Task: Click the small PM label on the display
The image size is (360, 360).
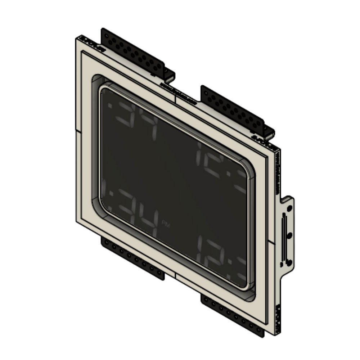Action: [166, 224]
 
